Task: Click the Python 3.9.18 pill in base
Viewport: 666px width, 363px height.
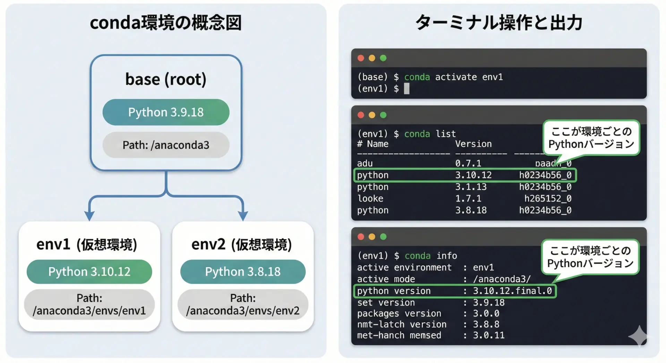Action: coord(166,112)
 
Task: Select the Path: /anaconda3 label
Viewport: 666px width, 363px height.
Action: coord(166,145)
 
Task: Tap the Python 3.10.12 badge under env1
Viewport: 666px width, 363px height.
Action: coord(89,271)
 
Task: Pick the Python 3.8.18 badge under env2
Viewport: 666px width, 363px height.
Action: coord(243,271)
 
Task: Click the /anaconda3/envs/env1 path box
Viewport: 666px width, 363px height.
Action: coord(89,304)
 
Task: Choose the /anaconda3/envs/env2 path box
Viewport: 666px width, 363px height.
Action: coord(243,304)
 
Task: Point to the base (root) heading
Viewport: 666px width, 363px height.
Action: coord(166,79)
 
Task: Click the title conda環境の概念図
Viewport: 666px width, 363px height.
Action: coord(166,23)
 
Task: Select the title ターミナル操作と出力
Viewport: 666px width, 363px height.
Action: coord(499,23)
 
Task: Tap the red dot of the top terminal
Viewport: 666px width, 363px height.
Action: coord(361,58)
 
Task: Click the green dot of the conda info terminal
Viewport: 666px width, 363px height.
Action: coord(383,237)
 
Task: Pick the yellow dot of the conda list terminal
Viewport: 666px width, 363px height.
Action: coord(372,115)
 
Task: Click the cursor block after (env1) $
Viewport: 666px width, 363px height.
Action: coord(407,89)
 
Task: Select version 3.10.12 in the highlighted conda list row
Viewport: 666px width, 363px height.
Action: coord(473,175)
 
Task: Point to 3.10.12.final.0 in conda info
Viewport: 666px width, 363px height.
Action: coord(512,291)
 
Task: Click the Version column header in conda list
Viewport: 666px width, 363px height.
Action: coord(473,144)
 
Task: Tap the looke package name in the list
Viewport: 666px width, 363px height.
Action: coord(370,199)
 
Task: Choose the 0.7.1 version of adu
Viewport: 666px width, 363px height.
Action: coord(468,163)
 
